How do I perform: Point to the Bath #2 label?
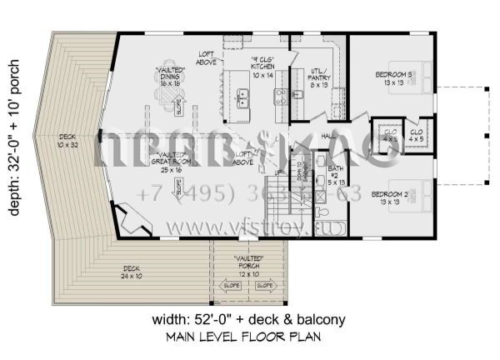[335, 175]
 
